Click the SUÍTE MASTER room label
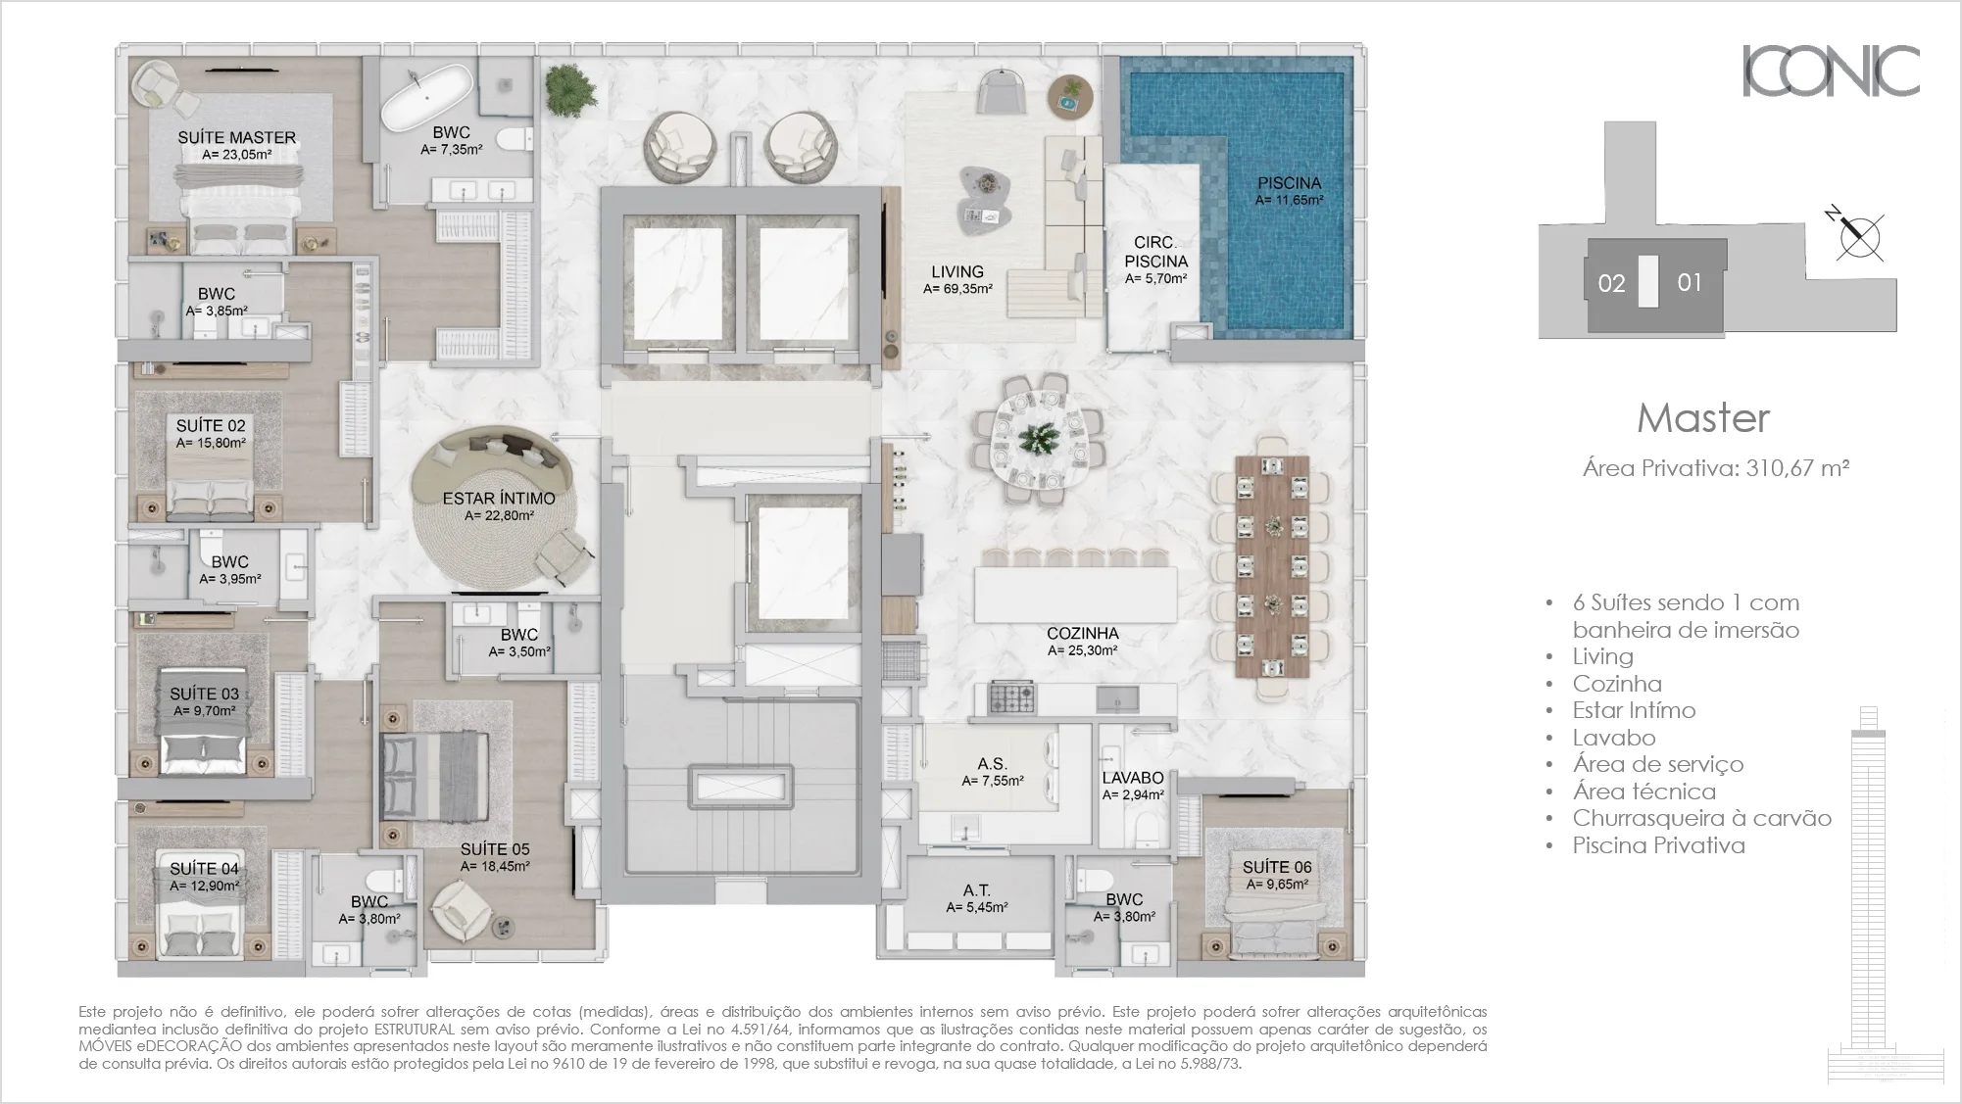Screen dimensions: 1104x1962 [x=236, y=138]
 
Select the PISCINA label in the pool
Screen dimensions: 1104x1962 [x=1289, y=183]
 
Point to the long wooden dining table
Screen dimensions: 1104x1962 [x=1272, y=566]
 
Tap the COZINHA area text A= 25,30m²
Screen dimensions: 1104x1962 [x=1082, y=650]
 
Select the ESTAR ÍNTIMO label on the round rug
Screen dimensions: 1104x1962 [x=499, y=499]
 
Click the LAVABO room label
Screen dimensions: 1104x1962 [x=1133, y=778]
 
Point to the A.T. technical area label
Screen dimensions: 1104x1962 [x=976, y=890]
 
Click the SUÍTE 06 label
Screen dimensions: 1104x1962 [x=1276, y=867]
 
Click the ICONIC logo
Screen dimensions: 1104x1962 [x=1830, y=72]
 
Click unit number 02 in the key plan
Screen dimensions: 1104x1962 [x=1611, y=284]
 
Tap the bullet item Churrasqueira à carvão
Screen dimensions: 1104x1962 [x=1701, y=819]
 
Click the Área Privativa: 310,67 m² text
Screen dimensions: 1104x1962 [x=1715, y=468]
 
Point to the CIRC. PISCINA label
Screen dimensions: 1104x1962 [x=1155, y=252]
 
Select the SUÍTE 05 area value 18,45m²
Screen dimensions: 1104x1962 [x=496, y=867]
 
